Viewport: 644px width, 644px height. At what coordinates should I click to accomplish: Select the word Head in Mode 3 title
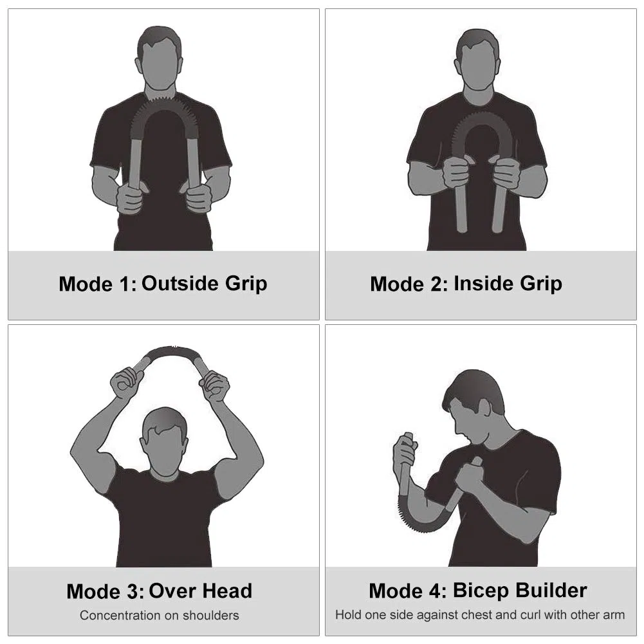click(226, 591)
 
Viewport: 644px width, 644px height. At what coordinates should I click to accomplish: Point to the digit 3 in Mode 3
click(133, 591)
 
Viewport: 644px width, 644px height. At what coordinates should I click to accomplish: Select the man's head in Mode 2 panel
click(477, 60)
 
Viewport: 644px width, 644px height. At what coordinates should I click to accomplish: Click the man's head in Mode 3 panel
click(165, 441)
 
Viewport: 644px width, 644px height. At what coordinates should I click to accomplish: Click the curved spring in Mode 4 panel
click(419, 526)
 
